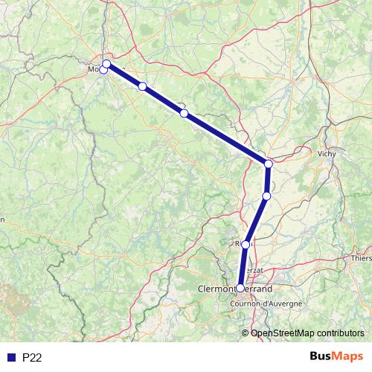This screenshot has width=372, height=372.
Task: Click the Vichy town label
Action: [x=326, y=153]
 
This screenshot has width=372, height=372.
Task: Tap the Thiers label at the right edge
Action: [x=362, y=258]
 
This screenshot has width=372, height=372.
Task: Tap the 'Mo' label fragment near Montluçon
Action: [x=94, y=69]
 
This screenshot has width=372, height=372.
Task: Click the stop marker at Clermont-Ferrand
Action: [x=240, y=288]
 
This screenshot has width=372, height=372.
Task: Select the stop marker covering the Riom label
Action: [x=246, y=243]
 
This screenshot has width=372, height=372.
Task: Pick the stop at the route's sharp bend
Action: [x=269, y=163]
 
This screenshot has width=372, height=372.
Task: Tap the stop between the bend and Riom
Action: [x=266, y=196]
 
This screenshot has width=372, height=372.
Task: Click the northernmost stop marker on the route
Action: [x=106, y=63]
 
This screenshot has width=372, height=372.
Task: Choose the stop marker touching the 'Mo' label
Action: [x=103, y=70]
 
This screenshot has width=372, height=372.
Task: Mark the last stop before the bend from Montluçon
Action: [x=184, y=113]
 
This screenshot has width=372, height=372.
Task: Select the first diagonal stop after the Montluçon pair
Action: [x=142, y=86]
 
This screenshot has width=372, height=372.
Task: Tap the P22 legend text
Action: [x=32, y=357]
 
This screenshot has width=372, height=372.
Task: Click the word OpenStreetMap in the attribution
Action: [x=285, y=333]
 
